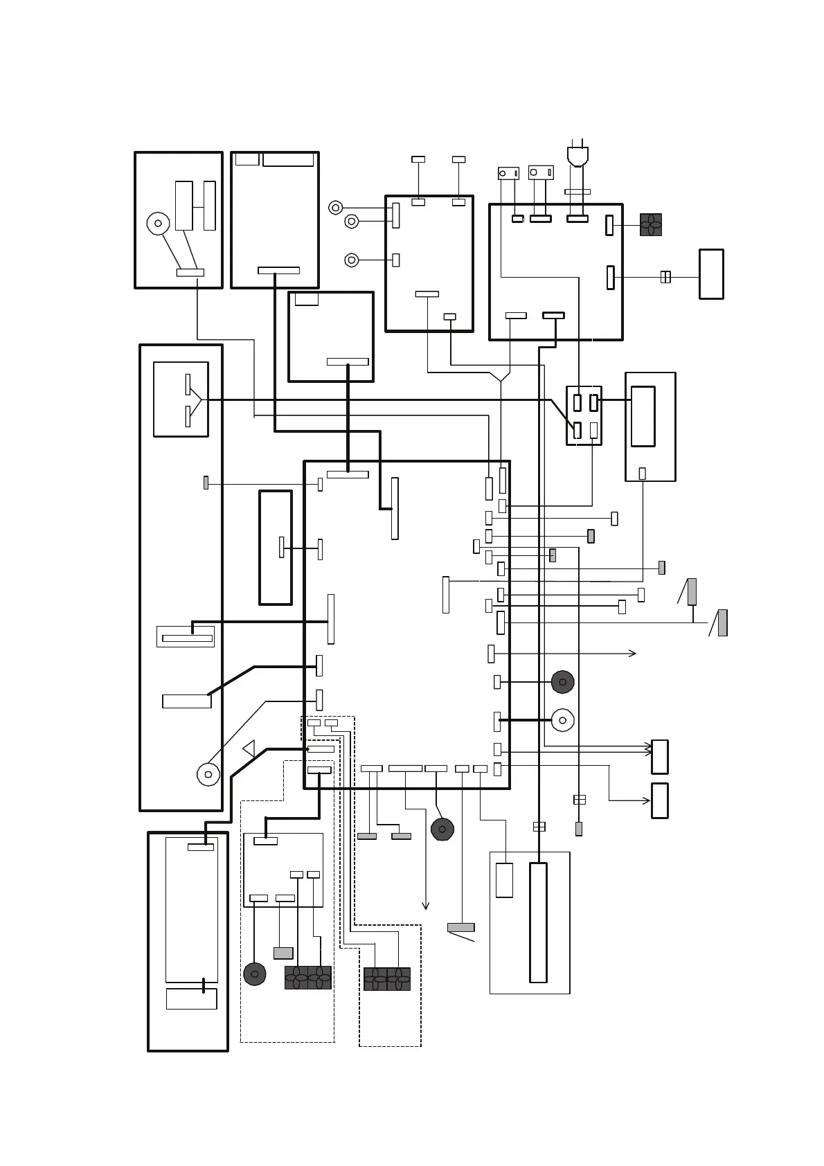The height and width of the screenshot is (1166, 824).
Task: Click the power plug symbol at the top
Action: point(577,156)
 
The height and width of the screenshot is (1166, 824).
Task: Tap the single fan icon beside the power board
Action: point(650,224)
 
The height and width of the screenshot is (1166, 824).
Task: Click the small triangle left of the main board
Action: point(249,748)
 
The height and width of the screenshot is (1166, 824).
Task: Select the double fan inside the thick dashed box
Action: point(386,978)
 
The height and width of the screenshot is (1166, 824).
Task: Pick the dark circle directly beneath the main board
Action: point(442,829)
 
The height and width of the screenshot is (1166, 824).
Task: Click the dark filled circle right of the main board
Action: point(562,682)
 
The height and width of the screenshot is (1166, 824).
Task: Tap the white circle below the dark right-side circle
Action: point(562,720)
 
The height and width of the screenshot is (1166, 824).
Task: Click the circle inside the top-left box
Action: point(158,223)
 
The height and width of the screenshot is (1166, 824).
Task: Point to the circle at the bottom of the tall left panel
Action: point(208,773)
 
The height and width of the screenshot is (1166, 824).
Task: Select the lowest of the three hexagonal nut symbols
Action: point(352,260)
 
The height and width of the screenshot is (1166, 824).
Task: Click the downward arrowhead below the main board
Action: point(425,905)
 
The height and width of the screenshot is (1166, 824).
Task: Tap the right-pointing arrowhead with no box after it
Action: point(632,653)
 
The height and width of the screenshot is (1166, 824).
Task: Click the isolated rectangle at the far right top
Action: point(711,274)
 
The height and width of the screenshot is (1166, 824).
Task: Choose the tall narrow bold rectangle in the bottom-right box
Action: point(538,922)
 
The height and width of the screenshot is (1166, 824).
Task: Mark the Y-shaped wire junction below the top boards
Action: point(500,378)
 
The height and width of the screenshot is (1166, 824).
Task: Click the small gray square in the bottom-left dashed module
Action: point(283,953)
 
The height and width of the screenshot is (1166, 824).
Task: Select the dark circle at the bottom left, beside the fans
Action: point(254,974)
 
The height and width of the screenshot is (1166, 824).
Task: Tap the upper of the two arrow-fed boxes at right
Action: point(660,757)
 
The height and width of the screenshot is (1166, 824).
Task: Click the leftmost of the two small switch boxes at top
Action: point(508,173)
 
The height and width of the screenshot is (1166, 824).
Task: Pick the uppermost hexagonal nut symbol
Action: point(335,208)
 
